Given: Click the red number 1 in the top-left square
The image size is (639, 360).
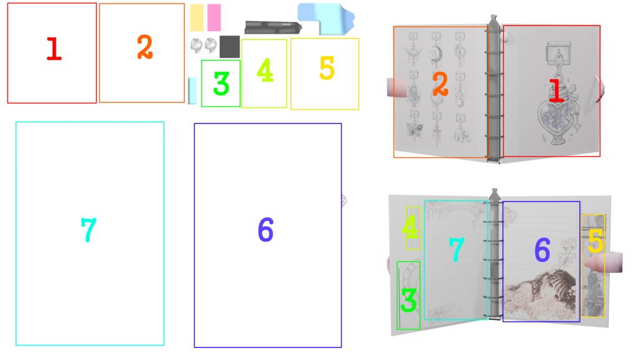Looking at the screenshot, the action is click(54, 49).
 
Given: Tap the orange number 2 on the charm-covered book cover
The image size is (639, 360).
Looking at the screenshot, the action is click(440, 85).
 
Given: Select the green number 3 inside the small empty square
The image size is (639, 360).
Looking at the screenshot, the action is click(222, 84).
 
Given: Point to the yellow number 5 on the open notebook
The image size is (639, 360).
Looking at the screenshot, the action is click(595, 241).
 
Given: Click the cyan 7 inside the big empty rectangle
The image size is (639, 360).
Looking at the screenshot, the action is click(89, 230).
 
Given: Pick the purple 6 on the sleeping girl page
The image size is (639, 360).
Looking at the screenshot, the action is click(542, 250).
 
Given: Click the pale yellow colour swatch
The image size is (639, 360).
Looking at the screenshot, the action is click(197, 18).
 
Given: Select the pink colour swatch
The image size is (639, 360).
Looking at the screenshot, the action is click(214, 18).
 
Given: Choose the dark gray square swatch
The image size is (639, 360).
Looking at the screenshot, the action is click(230, 47).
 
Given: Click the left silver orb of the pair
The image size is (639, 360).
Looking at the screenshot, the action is click(196, 45).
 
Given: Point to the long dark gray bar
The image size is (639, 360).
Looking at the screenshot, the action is click(273, 27).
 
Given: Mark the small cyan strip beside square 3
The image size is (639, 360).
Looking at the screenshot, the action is click(192, 90).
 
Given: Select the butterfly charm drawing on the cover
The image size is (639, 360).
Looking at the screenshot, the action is click(414, 130).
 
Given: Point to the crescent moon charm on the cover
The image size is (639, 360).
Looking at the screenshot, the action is click(437, 54).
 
